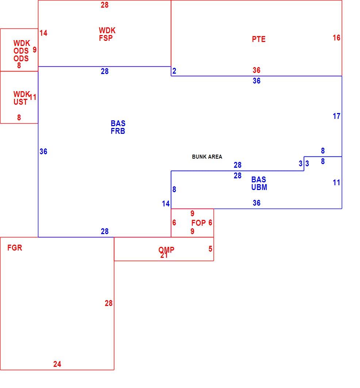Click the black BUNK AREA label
pos(207,157)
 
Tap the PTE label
pos(258,39)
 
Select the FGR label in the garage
pos(15,248)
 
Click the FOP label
pos(199,223)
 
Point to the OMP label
pos(166,250)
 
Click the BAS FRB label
pos(118,127)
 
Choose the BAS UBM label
pos(259,183)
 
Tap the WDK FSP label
pos(107,34)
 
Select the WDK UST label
pos(21,98)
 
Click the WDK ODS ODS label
pos(22,51)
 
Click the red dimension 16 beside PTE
pos(336,38)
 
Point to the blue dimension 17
pos(336,116)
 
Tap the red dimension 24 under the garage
pos(57,364)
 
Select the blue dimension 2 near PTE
pos(174,71)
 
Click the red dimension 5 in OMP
pos(210,249)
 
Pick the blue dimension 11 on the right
pos(336,183)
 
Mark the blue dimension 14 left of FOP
pos(166,203)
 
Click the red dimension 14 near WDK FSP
pos(43,33)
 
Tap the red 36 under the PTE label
pos(256,70)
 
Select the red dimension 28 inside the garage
pos(108,303)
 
